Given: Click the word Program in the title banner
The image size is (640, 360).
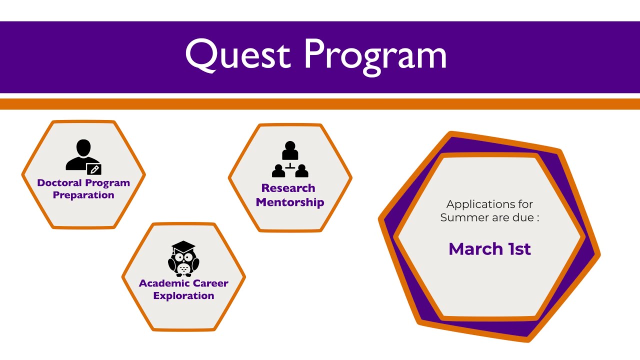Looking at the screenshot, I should point(375,55).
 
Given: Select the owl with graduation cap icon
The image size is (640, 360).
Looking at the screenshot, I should point(183,259).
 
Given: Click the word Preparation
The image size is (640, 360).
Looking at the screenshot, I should point(83,195).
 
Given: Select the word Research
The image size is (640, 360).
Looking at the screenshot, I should point(288,188).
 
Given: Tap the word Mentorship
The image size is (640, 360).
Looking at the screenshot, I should point(290,202).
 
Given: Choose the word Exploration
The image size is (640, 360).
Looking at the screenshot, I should point(183,295).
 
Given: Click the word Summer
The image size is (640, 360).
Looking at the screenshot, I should point(462,218).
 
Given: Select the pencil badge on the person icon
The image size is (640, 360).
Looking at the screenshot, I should point(94,169).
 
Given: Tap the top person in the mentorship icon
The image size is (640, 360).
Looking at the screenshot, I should point(290,150).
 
